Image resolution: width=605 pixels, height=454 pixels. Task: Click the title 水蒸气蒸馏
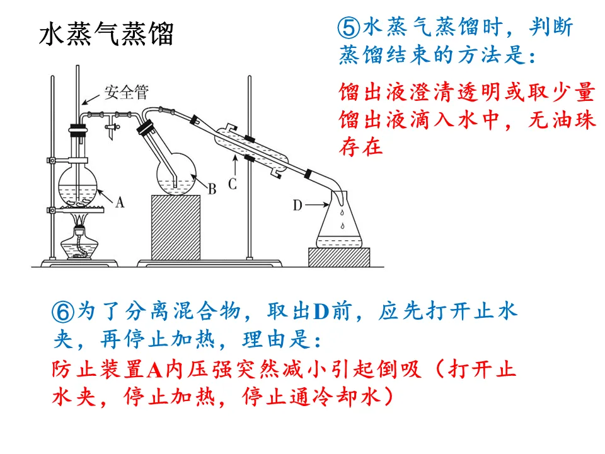[x=106, y=35]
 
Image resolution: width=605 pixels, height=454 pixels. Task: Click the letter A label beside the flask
[x=120, y=202]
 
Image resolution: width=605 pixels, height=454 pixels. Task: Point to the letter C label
[x=232, y=184]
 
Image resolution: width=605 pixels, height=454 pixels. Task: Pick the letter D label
[x=298, y=204]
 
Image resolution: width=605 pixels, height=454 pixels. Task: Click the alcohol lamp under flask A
[x=79, y=243]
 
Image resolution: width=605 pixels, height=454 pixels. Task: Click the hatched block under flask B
[x=176, y=227]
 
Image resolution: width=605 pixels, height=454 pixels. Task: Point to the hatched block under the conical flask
[x=338, y=257]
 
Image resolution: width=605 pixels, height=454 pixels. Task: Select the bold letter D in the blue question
[x=322, y=311]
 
